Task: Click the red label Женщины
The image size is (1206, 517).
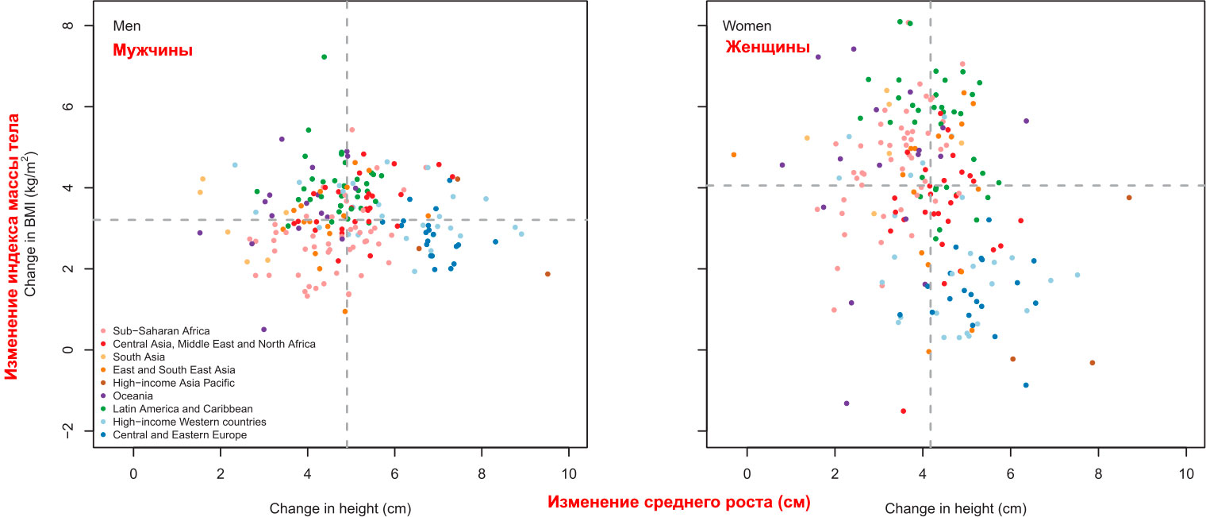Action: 767,48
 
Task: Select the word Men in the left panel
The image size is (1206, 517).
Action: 126,26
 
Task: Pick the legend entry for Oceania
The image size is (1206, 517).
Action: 134,395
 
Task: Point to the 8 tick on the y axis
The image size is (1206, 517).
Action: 68,25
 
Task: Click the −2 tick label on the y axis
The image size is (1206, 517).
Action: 68,430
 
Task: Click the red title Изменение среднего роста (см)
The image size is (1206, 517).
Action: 679,503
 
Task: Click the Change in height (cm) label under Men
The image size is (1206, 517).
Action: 340,507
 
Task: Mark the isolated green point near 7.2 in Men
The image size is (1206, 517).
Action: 324,56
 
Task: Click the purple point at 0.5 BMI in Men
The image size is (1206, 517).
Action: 263,330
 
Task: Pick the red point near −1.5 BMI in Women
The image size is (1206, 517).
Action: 903,411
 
